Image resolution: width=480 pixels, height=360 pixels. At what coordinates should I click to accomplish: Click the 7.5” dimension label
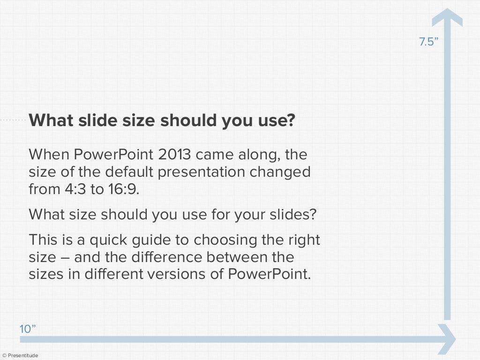[x=428, y=42]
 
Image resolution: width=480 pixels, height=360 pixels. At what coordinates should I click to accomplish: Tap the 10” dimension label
[x=28, y=329]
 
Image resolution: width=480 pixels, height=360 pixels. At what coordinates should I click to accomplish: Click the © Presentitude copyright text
[x=20, y=356]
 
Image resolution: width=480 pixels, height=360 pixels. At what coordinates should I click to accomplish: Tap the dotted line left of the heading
[x=14, y=120]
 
